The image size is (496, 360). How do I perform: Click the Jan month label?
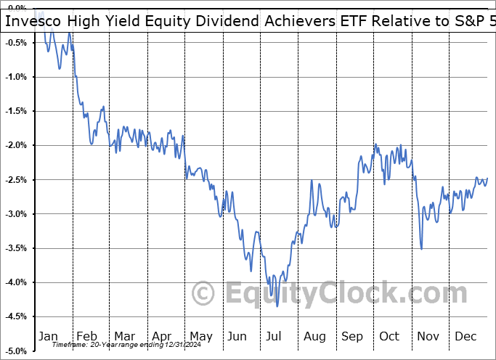point(48,337)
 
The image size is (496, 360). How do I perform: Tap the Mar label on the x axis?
point(125,337)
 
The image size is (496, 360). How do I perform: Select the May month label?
point(200,337)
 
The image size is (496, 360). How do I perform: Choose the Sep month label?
point(352,337)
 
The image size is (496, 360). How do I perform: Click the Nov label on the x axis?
point(428,337)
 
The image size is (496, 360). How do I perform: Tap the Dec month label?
point(465,337)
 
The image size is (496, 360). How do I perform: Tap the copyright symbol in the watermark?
point(203,294)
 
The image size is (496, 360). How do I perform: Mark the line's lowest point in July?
point(277,306)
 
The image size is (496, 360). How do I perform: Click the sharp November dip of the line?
point(422,249)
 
